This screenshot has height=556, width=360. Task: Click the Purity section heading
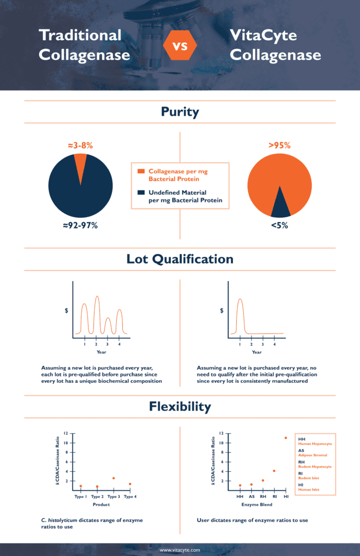[x=180, y=112]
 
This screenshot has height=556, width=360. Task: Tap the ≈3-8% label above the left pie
[x=80, y=146]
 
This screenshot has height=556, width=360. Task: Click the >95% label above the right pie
[x=279, y=146]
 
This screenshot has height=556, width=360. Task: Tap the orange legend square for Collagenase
[x=141, y=171]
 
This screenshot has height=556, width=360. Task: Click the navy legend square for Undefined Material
[x=141, y=192]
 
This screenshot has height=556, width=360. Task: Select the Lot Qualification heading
[x=180, y=260]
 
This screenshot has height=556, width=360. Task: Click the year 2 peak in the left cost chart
[x=97, y=299]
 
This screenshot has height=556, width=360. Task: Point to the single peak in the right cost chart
[x=240, y=301]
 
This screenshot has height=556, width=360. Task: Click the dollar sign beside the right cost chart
[x=222, y=311]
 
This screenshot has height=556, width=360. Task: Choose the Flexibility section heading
[x=180, y=406]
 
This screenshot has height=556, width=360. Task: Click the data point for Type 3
[x=113, y=478]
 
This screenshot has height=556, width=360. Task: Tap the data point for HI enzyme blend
[x=286, y=438]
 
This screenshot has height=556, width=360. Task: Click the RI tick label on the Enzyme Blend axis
[x=274, y=496]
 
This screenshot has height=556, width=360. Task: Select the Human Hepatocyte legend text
[x=315, y=444]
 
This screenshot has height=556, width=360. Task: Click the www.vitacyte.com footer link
[x=180, y=550]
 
